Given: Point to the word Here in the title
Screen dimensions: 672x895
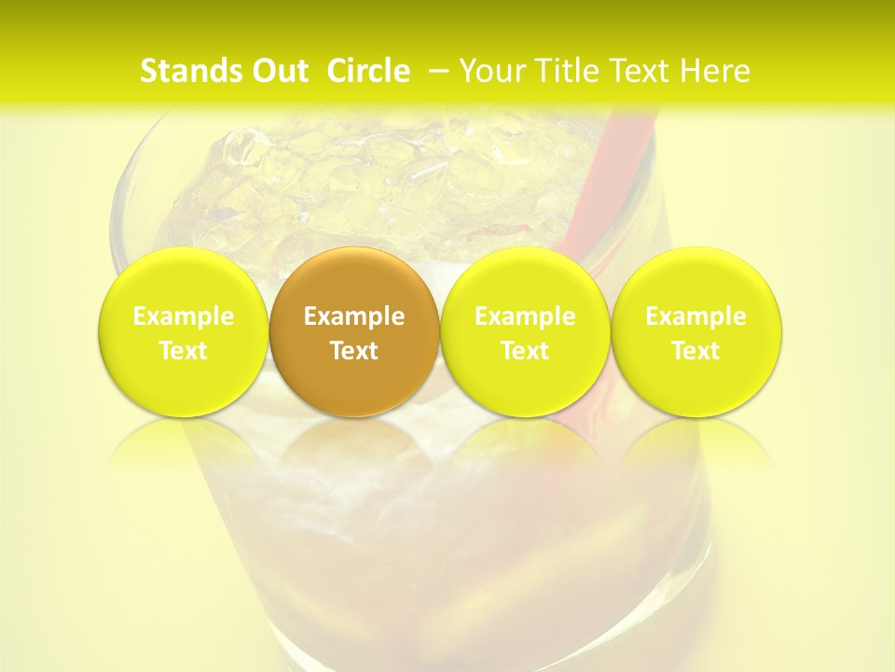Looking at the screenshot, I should [715, 71].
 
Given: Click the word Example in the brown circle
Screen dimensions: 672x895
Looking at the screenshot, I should [354, 316].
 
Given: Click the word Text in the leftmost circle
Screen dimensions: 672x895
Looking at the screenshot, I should [184, 351].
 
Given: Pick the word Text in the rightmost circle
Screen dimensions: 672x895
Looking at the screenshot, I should [695, 351].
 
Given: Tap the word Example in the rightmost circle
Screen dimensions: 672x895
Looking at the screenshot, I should [695, 316].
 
